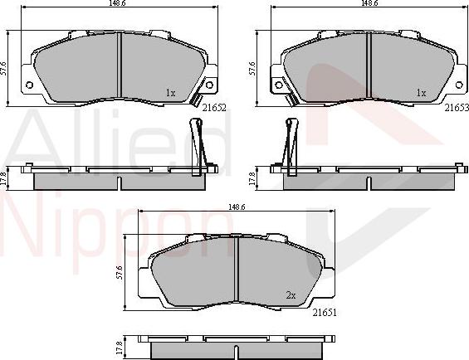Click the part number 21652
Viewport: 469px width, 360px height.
point(214,108)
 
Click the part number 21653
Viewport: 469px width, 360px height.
point(457,108)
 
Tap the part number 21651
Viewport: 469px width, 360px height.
point(325,313)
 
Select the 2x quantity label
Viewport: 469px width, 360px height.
point(291,295)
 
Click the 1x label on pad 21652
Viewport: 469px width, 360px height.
point(170,93)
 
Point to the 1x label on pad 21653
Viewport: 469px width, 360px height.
point(421,93)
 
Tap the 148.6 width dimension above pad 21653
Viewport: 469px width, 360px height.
point(369,3)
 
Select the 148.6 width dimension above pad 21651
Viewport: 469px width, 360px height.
point(237,207)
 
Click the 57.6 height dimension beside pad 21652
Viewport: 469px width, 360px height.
point(3,68)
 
